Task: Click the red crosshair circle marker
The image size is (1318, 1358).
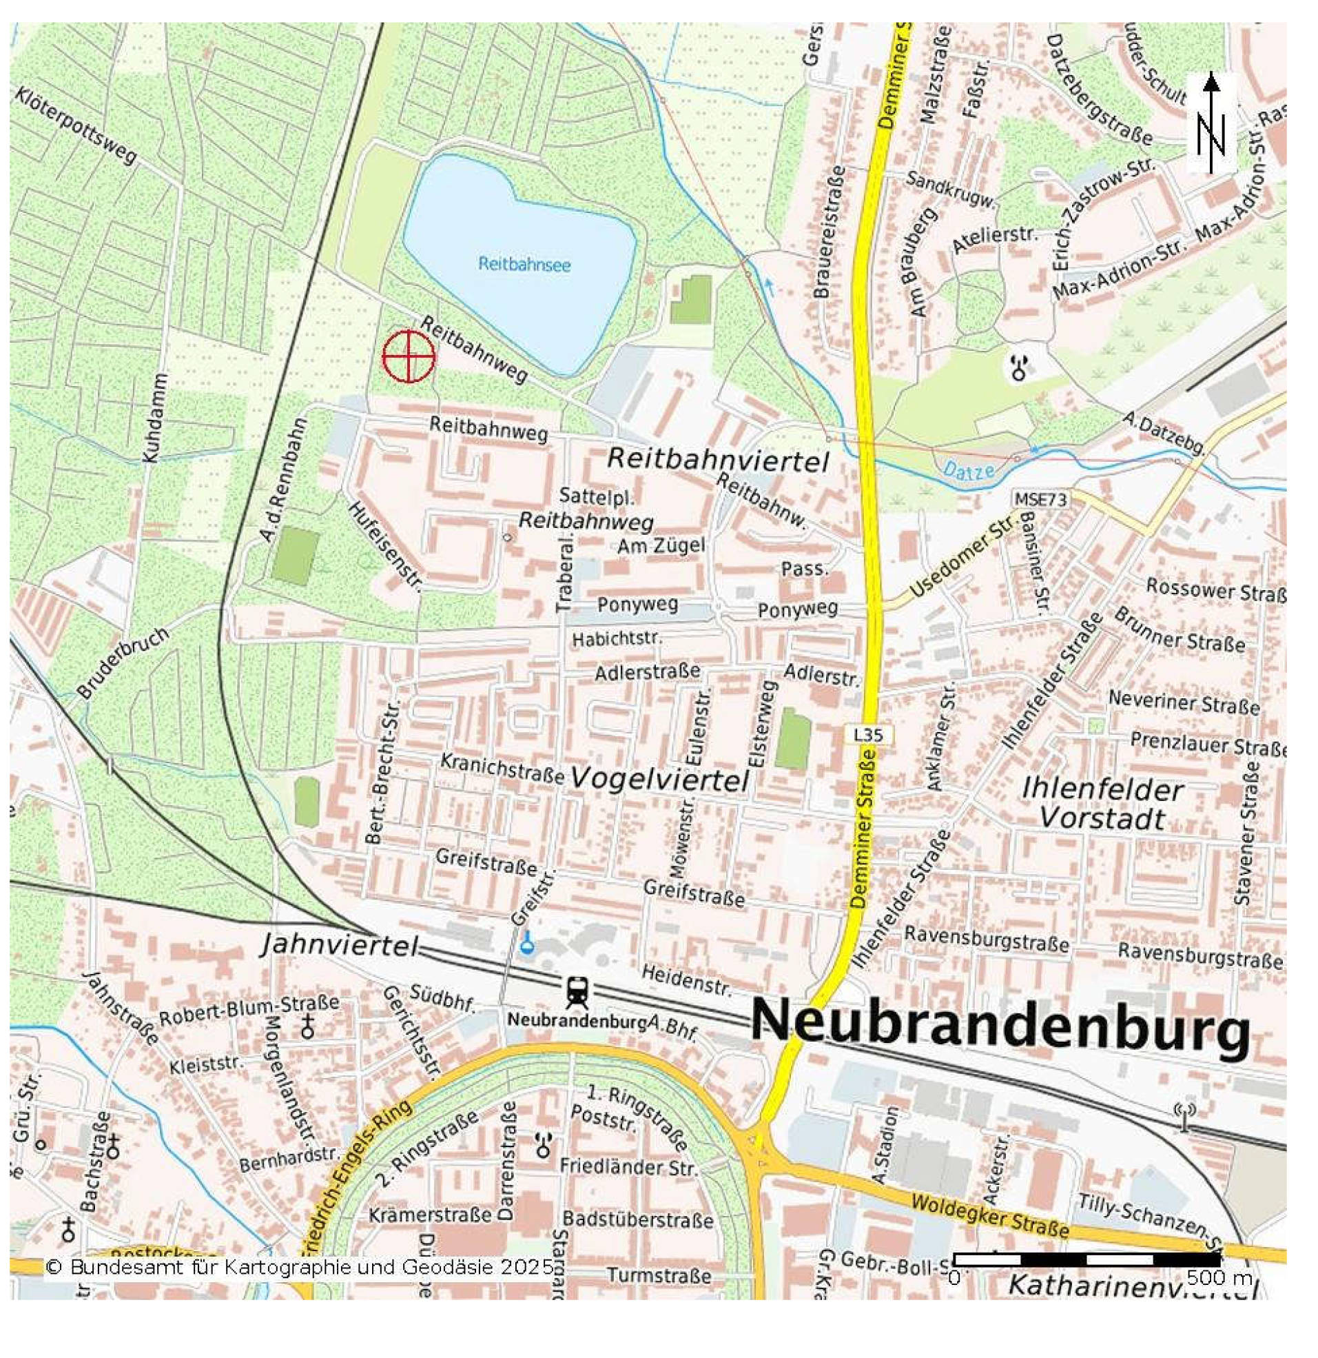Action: [409, 356]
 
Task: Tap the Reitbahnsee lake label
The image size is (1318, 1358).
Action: [524, 264]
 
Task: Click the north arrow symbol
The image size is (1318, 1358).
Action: [1211, 123]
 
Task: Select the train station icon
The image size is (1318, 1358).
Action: [576, 993]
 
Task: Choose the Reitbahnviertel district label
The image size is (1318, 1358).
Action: [717, 460]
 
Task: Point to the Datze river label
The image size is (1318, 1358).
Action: [969, 471]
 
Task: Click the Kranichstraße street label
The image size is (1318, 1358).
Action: [502, 769]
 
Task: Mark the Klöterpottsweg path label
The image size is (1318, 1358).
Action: [75, 125]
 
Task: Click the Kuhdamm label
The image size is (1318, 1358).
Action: [154, 418]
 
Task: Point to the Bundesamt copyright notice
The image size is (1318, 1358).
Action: [300, 1267]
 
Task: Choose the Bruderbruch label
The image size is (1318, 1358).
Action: [123, 663]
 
